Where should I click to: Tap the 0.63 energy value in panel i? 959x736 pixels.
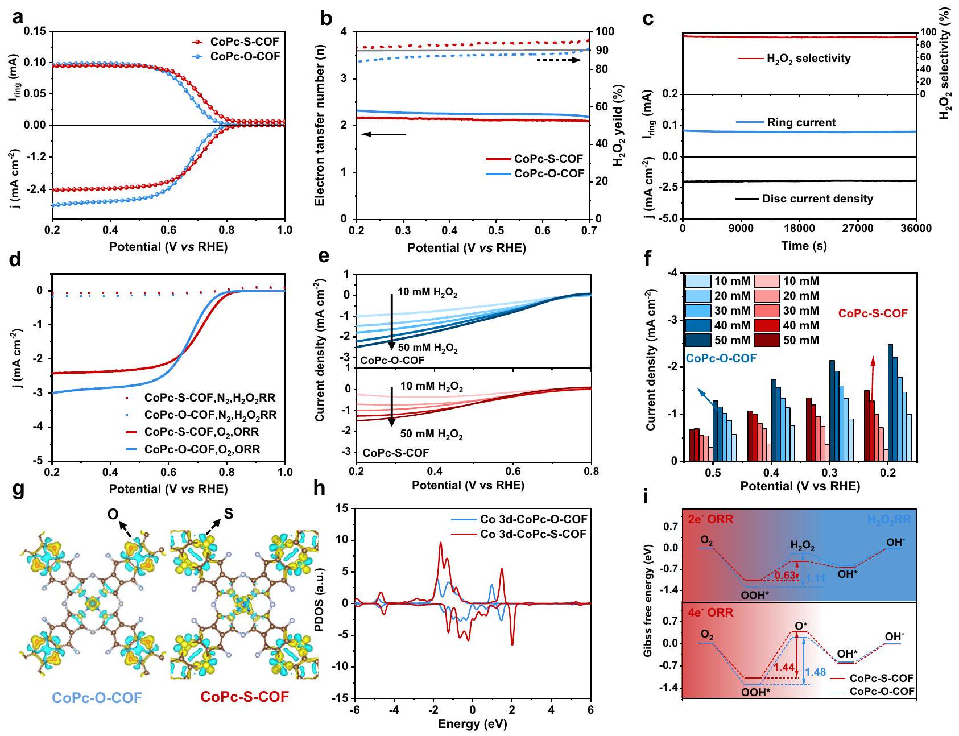click(x=786, y=575)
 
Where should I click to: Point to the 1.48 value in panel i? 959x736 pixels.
click(x=815, y=672)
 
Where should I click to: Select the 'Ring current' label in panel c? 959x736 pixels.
click(x=801, y=122)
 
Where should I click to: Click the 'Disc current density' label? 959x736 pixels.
click(x=817, y=199)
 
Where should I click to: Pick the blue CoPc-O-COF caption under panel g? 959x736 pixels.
click(x=97, y=697)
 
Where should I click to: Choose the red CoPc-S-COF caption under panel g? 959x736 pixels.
click(x=245, y=697)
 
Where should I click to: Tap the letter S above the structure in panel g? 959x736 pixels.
click(x=228, y=514)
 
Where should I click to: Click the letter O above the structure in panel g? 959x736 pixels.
click(x=113, y=515)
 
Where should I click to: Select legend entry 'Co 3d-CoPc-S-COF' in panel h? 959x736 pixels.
click(x=533, y=534)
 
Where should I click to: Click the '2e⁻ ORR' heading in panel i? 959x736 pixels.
click(x=710, y=519)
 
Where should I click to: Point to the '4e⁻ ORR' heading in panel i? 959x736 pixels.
click(x=710, y=613)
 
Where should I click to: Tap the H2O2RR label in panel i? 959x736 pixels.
click(x=890, y=519)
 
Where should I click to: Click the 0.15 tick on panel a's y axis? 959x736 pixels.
click(x=35, y=31)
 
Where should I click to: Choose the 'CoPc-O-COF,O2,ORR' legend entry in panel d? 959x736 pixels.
click(x=202, y=449)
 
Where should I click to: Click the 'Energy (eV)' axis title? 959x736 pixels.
click(x=472, y=725)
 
